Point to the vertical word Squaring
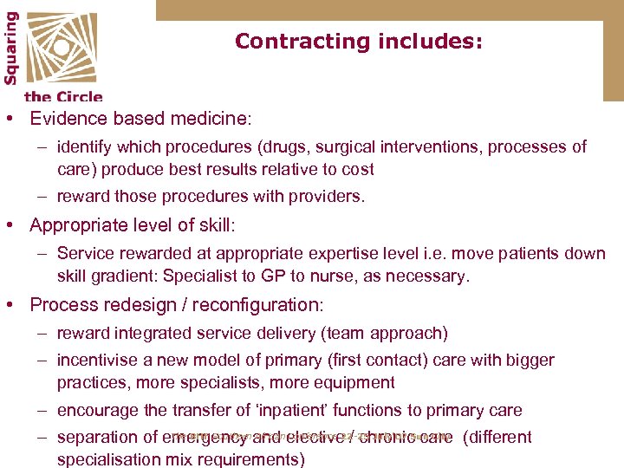pos(11,47)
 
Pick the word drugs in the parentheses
pos(290,147)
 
